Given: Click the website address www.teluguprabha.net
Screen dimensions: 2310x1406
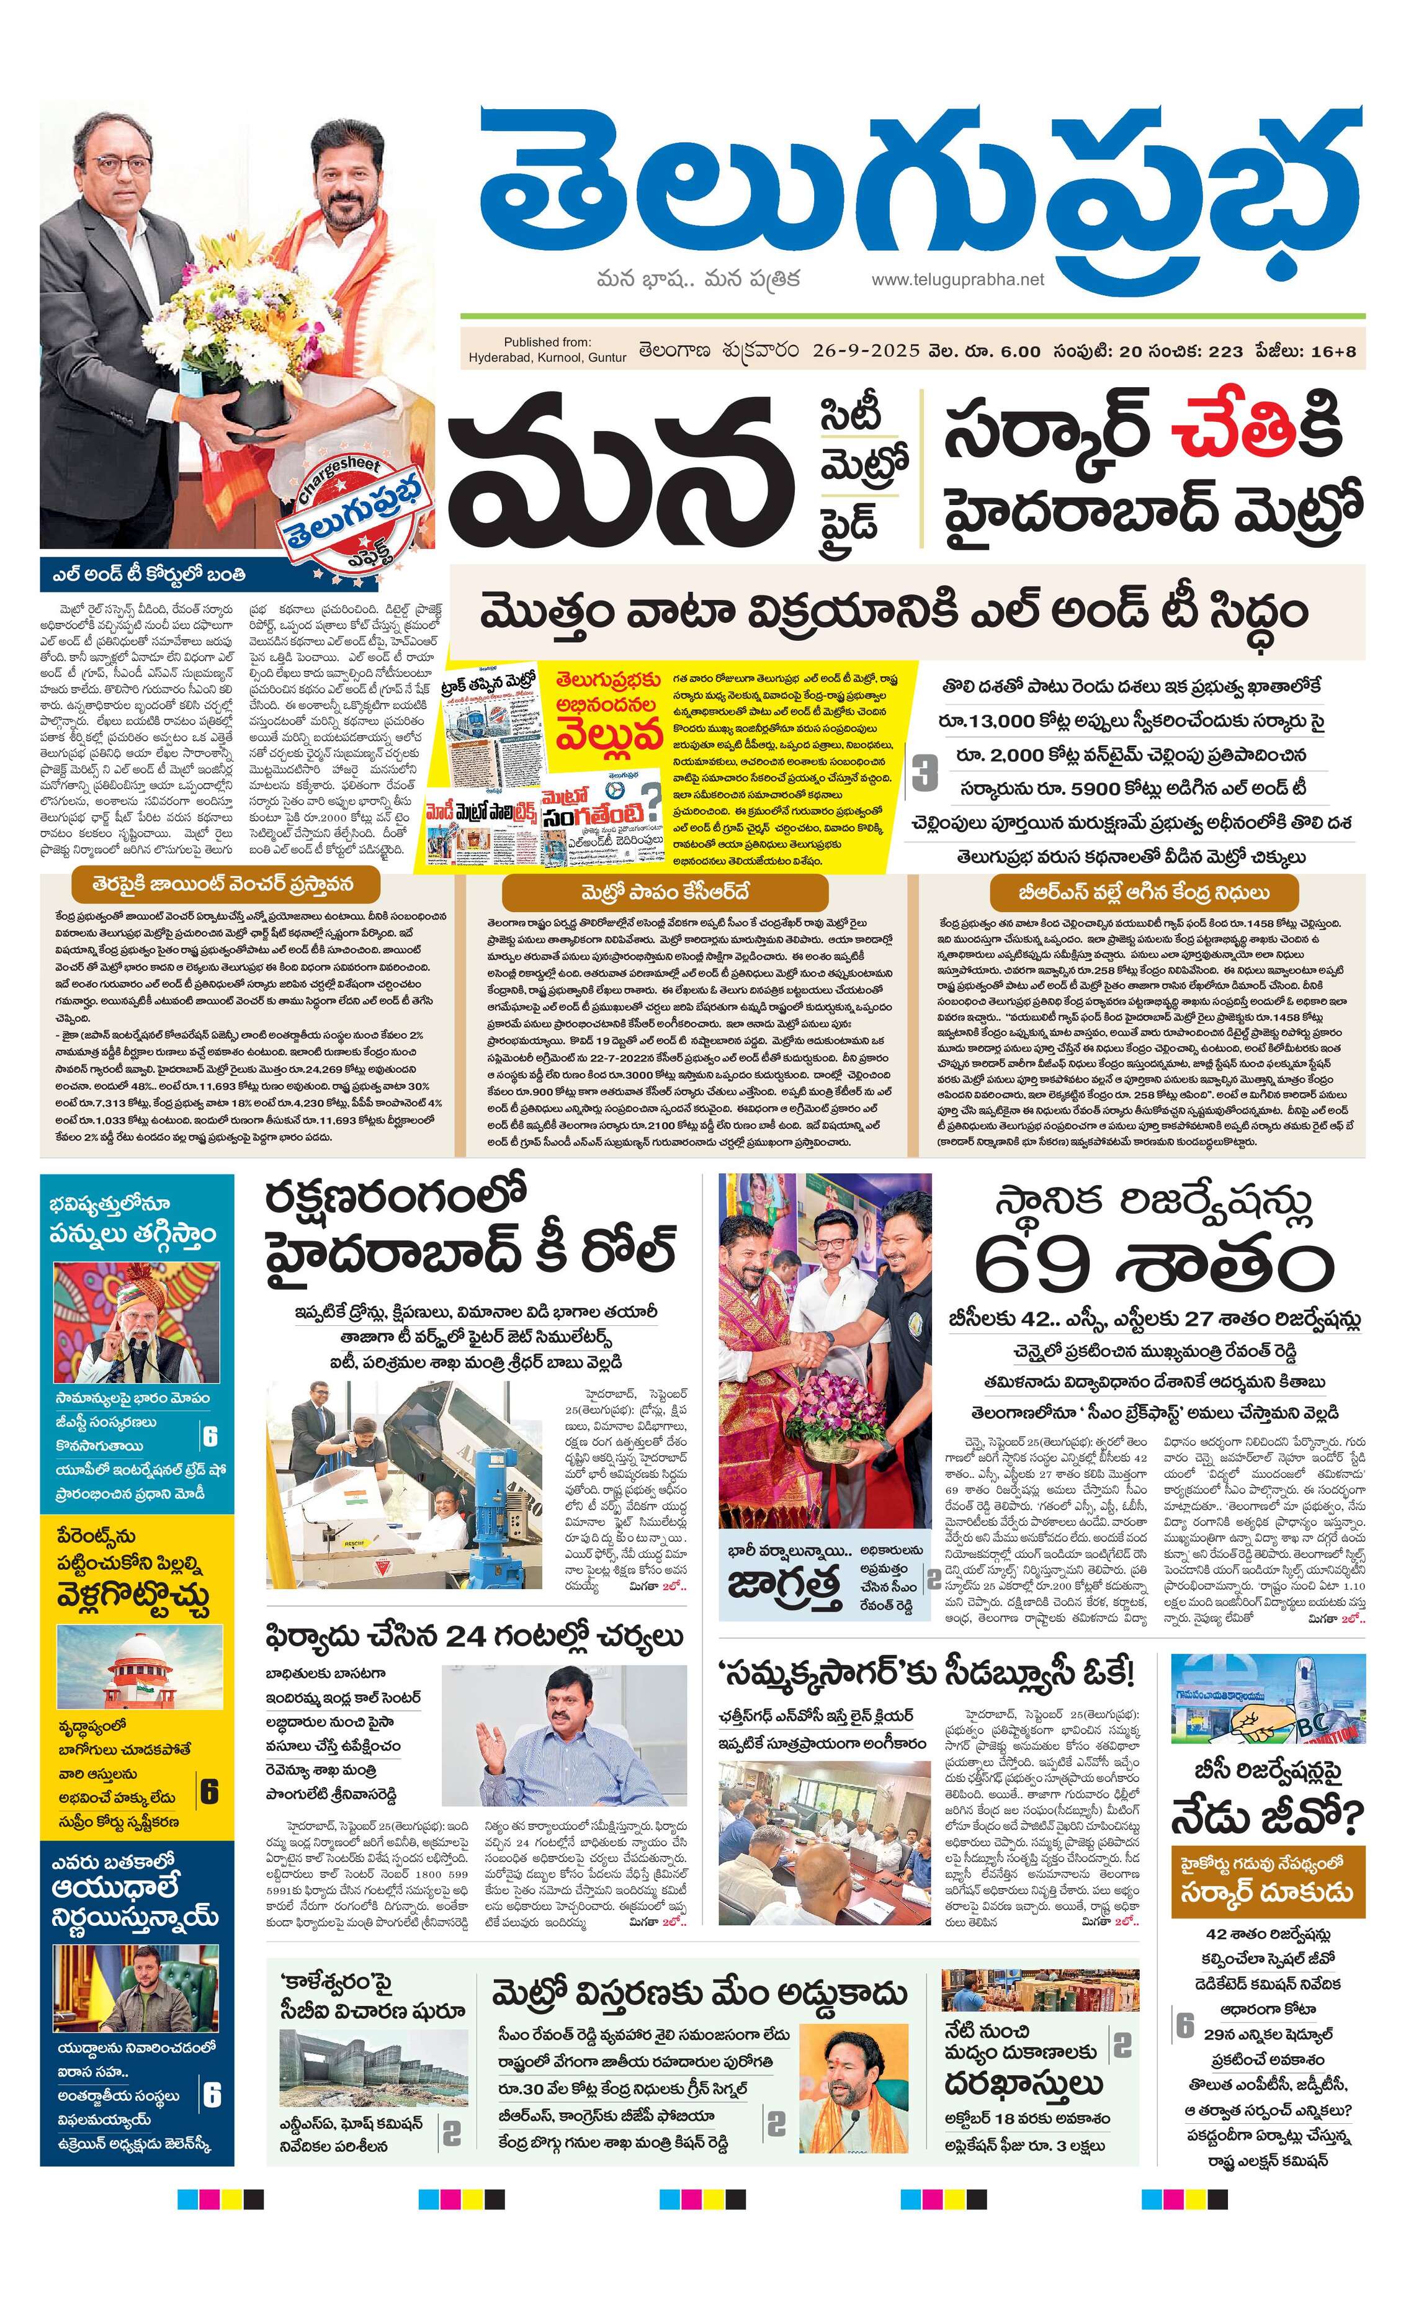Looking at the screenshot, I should point(956,279).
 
